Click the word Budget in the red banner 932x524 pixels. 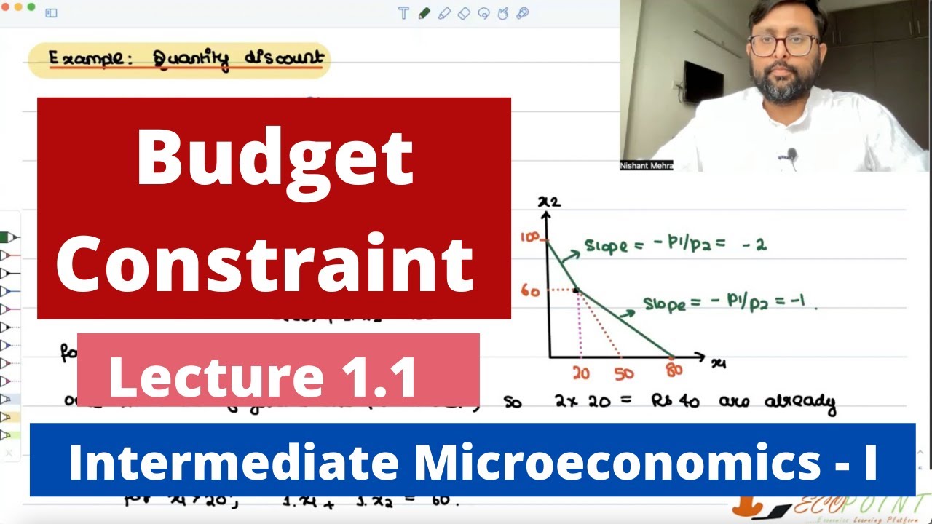click(x=275, y=159)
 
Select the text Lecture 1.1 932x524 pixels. click(x=263, y=378)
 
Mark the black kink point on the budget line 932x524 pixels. click(x=576, y=290)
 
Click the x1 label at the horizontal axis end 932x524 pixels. click(x=719, y=362)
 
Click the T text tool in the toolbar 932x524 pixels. click(x=404, y=13)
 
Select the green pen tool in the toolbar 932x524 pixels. click(x=424, y=13)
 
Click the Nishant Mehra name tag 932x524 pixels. click(x=646, y=165)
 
